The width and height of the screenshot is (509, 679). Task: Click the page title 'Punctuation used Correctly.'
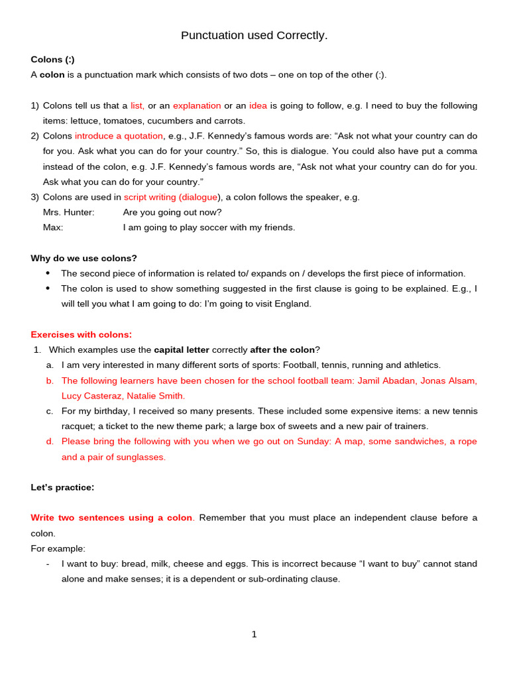(x=254, y=35)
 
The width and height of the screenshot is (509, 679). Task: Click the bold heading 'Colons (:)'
(x=52, y=60)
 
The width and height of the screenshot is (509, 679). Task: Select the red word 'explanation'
(x=197, y=105)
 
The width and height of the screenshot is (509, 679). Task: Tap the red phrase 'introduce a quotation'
(x=119, y=136)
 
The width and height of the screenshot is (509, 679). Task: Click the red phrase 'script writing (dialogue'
(x=170, y=197)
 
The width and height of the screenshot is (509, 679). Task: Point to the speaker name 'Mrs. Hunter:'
(x=69, y=212)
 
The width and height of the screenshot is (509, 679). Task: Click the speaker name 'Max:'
(x=53, y=227)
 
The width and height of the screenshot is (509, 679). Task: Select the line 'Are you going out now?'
(x=172, y=212)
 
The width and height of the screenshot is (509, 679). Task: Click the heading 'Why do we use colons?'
(x=84, y=258)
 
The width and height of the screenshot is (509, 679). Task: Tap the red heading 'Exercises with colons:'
(x=81, y=334)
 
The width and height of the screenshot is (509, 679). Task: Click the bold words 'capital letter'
(x=182, y=349)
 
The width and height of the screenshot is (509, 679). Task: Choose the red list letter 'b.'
(x=50, y=381)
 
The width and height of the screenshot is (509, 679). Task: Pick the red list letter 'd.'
(x=50, y=442)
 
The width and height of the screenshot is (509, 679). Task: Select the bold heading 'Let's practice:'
(x=62, y=487)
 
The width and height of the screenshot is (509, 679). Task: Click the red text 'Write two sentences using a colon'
(x=111, y=518)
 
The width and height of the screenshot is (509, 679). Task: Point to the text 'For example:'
(x=58, y=548)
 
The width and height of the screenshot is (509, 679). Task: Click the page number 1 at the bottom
(x=254, y=635)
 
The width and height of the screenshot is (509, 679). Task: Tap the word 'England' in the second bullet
(x=292, y=304)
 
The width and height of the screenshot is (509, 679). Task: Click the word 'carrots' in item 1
(x=227, y=121)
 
